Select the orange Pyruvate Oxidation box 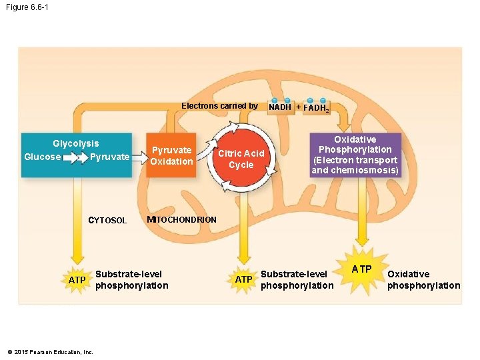tap(171, 156)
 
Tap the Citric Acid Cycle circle tap(241, 159)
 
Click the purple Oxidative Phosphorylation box tap(355, 155)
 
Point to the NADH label tap(280, 107)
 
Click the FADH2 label tap(316, 107)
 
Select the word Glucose tap(43, 157)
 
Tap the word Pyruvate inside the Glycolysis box tap(109, 157)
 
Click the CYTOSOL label tap(107, 221)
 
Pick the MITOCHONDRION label tap(181, 220)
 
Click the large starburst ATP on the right tap(362, 269)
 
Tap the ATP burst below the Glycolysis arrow tap(77, 280)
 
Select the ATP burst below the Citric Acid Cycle tap(243, 279)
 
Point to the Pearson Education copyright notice tap(50, 352)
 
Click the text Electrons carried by tap(219, 106)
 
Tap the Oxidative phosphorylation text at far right tap(423, 280)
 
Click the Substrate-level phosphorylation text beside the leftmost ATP tap(131, 280)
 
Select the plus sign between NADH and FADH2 tap(298, 107)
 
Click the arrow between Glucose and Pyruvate tap(75, 157)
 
